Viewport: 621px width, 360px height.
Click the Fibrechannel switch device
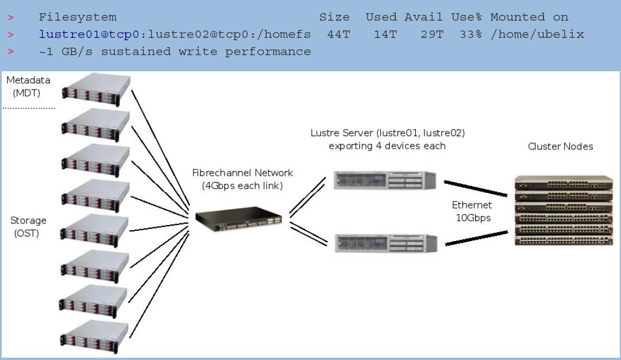coord(239,219)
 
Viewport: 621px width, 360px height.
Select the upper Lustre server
coord(385,180)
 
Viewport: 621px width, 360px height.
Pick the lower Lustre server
coord(386,243)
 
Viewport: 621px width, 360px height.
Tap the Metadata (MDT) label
coord(28,86)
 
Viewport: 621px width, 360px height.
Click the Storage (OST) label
coord(28,227)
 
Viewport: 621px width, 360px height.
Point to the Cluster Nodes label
coord(561,146)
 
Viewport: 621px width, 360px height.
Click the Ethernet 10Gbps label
coord(472,211)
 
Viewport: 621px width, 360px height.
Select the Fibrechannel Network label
coord(242,179)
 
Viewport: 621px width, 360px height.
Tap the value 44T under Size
coord(338,34)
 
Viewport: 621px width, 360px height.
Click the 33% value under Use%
coord(471,34)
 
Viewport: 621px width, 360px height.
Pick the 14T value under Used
coord(385,34)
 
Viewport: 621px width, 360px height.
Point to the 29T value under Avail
coord(432,34)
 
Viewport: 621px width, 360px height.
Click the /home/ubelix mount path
coord(538,34)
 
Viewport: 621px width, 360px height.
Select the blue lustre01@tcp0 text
coord(89,34)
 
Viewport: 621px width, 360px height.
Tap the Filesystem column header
coord(78,17)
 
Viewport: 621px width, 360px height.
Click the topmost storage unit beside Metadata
coord(97,89)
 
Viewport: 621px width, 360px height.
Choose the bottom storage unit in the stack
coord(95,336)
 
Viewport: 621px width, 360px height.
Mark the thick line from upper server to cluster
coord(476,188)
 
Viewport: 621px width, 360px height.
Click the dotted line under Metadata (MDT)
coord(29,108)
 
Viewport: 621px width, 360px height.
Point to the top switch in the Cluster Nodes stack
coord(564,182)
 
